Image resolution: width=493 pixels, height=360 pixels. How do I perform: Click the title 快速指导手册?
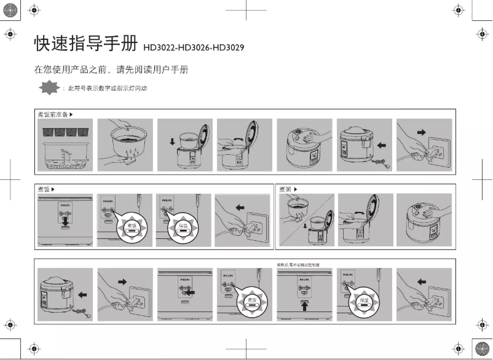[x=86, y=44]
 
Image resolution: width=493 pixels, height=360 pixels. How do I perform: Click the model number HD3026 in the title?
[x=194, y=47]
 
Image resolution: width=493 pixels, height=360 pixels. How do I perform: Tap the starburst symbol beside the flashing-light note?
[x=49, y=88]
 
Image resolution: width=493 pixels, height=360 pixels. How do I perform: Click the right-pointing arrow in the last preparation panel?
[x=421, y=132]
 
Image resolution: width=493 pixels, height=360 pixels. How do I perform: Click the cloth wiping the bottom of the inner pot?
[x=130, y=161]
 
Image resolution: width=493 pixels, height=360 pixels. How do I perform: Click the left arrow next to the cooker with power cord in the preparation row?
[x=382, y=146]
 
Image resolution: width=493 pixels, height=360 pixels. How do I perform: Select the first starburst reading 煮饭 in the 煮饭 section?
[x=132, y=227]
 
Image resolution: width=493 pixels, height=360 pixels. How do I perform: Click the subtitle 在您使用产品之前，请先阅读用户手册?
[x=111, y=69]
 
